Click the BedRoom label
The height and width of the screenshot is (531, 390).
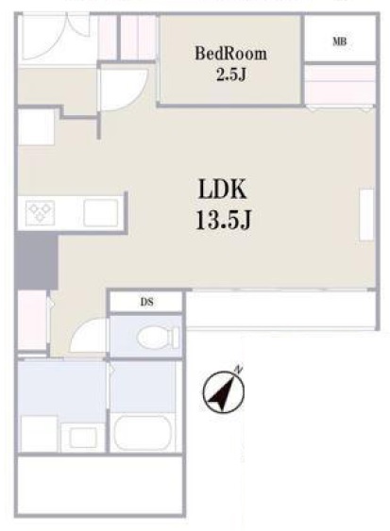coord(230,54)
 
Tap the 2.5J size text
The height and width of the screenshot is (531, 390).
coord(230,75)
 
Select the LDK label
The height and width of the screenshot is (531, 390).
coord(223,189)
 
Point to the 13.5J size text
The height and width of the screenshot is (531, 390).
coord(223,219)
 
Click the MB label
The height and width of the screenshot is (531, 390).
coord(339,41)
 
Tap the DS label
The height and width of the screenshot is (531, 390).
coord(147,302)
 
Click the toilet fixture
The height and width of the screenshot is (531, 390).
coord(158,338)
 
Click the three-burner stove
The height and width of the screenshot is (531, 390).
coord(40,212)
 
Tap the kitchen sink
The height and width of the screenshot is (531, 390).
coord(101,212)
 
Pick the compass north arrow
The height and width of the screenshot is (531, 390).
coord(223,392)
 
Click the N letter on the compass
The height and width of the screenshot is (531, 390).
coord(239,369)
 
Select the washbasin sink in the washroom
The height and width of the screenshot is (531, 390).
coord(83,438)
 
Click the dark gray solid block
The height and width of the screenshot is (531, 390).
coord(37,261)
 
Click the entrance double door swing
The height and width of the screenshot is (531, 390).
coord(54,37)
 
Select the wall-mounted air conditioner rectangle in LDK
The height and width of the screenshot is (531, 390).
coord(366,215)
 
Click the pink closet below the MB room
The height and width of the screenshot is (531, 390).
coord(340,85)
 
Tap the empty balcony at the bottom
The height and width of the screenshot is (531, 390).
coord(100,485)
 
